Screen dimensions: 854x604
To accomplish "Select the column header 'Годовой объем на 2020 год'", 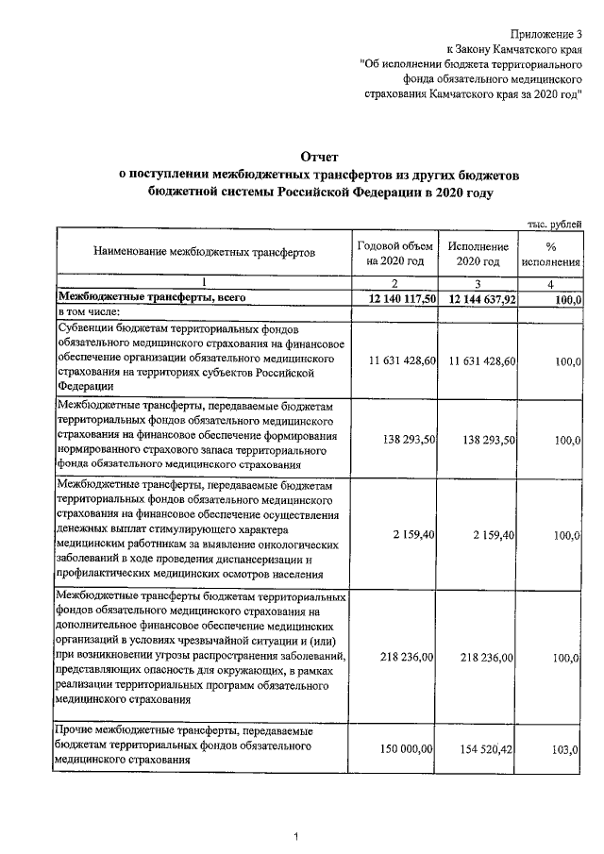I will [x=396, y=253].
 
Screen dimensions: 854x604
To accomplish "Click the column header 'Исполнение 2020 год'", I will [x=478, y=253].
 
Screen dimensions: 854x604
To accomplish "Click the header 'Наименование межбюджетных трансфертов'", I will [x=203, y=253].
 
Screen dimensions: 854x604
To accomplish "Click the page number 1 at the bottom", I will [x=295, y=836].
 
